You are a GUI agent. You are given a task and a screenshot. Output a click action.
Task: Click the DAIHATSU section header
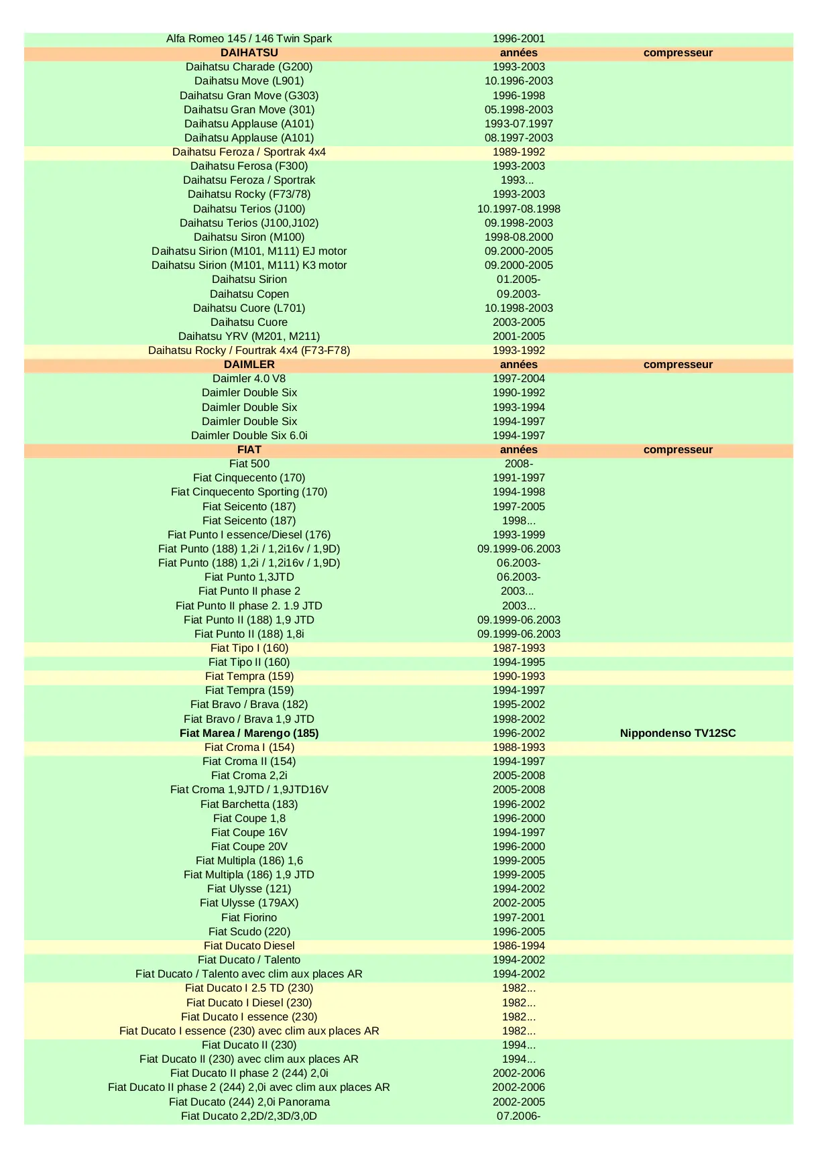tap(249, 53)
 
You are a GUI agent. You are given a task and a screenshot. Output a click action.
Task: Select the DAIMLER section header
tap(249, 365)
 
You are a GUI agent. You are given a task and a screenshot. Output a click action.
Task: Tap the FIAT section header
tap(249, 450)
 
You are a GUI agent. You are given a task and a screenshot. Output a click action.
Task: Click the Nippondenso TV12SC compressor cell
tap(677, 733)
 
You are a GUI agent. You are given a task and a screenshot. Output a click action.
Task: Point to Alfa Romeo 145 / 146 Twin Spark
tap(249, 39)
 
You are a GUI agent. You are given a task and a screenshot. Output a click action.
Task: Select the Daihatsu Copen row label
tap(249, 294)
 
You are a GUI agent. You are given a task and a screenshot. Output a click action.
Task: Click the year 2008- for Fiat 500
tap(518, 464)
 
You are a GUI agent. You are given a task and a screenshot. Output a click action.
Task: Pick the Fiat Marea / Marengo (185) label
tap(249, 733)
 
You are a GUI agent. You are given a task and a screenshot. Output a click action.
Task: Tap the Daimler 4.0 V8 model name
tap(249, 379)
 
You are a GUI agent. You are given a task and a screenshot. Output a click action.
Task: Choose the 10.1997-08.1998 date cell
tap(518, 209)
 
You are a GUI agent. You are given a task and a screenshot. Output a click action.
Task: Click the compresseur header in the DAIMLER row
tap(677, 365)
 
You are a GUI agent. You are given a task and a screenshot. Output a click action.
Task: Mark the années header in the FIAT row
tap(518, 450)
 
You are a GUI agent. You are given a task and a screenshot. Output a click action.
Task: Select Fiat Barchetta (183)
tap(249, 805)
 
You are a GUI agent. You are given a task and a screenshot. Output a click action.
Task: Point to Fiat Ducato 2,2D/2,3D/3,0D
tap(249, 1116)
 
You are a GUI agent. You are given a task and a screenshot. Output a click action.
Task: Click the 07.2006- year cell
tap(518, 1116)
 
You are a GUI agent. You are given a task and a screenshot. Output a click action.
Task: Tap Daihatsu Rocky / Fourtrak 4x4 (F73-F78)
tap(249, 351)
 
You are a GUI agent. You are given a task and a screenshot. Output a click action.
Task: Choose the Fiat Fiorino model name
tap(249, 918)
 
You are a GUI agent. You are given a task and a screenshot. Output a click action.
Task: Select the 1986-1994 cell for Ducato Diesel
tap(518, 946)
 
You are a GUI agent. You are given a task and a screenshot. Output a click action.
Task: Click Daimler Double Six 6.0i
tap(249, 436)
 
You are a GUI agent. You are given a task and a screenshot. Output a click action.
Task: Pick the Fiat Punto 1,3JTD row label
tap(249, 577)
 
